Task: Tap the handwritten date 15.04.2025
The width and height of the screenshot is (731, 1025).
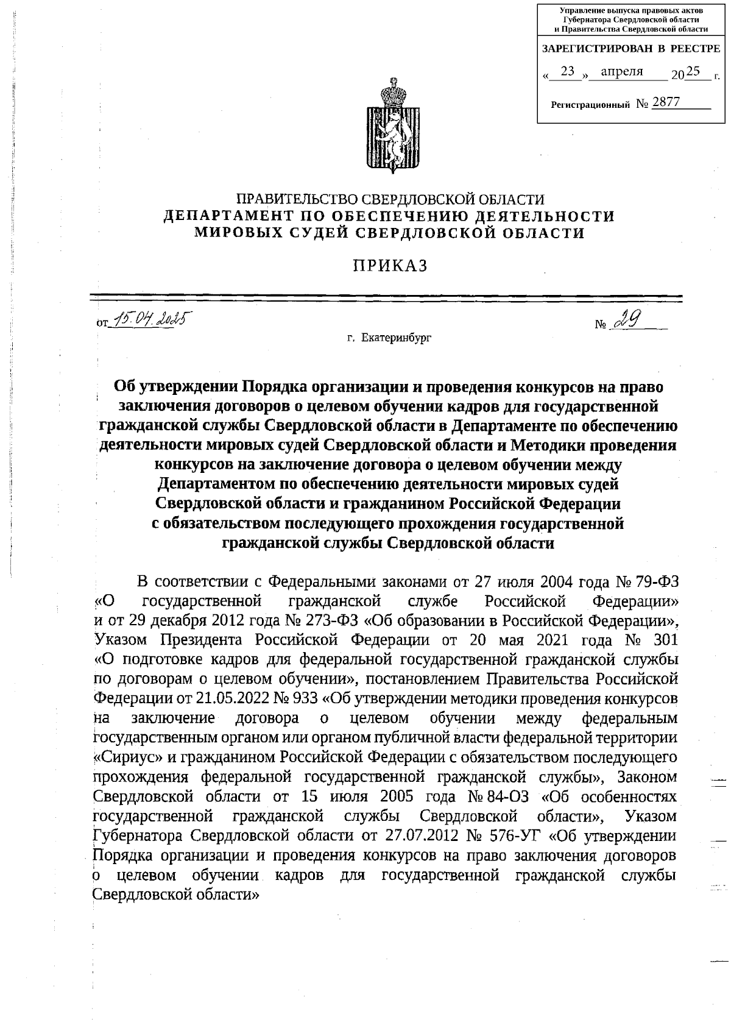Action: point(148,319)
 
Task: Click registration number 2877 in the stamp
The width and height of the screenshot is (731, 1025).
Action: point(665,102)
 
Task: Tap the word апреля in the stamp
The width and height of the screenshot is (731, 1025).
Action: point(622,72)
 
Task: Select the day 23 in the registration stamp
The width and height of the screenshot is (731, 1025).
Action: point(568,72)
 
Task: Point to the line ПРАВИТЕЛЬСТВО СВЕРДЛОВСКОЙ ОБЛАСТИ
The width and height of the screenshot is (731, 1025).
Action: point(390,199)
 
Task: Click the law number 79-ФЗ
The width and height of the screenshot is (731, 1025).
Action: point(657,582)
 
